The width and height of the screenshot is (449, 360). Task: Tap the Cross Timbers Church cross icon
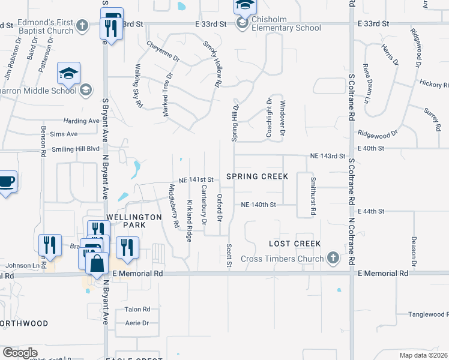(333, 259)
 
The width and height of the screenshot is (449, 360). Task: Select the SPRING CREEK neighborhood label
(257, 176)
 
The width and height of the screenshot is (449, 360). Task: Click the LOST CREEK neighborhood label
(295, 244)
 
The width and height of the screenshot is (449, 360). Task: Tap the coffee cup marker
(7, 182)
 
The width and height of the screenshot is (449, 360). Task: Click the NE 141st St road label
(196, 180)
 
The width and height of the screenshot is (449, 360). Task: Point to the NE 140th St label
(258, 205)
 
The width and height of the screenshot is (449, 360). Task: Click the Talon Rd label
(137, 310)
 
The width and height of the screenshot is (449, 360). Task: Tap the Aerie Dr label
(137, 323)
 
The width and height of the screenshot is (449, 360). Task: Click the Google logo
(20, 353)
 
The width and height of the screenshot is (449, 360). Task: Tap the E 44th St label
(370, 212)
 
